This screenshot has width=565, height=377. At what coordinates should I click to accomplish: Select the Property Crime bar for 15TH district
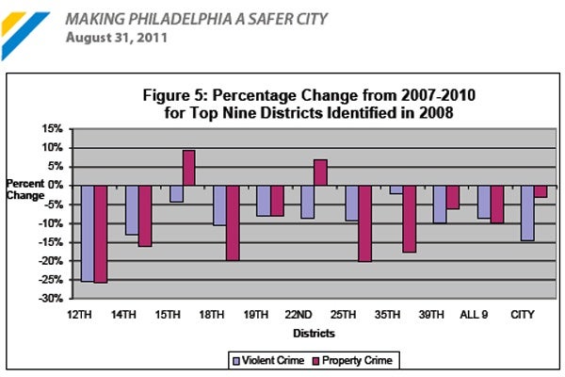(188, 168)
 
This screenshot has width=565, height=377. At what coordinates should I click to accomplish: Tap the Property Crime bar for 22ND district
(320, 172)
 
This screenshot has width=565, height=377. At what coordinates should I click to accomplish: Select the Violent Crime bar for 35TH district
(395, 189)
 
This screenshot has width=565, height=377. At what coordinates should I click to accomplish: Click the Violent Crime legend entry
(266, 359)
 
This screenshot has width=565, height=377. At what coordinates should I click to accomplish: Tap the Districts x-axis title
(314, 332)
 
